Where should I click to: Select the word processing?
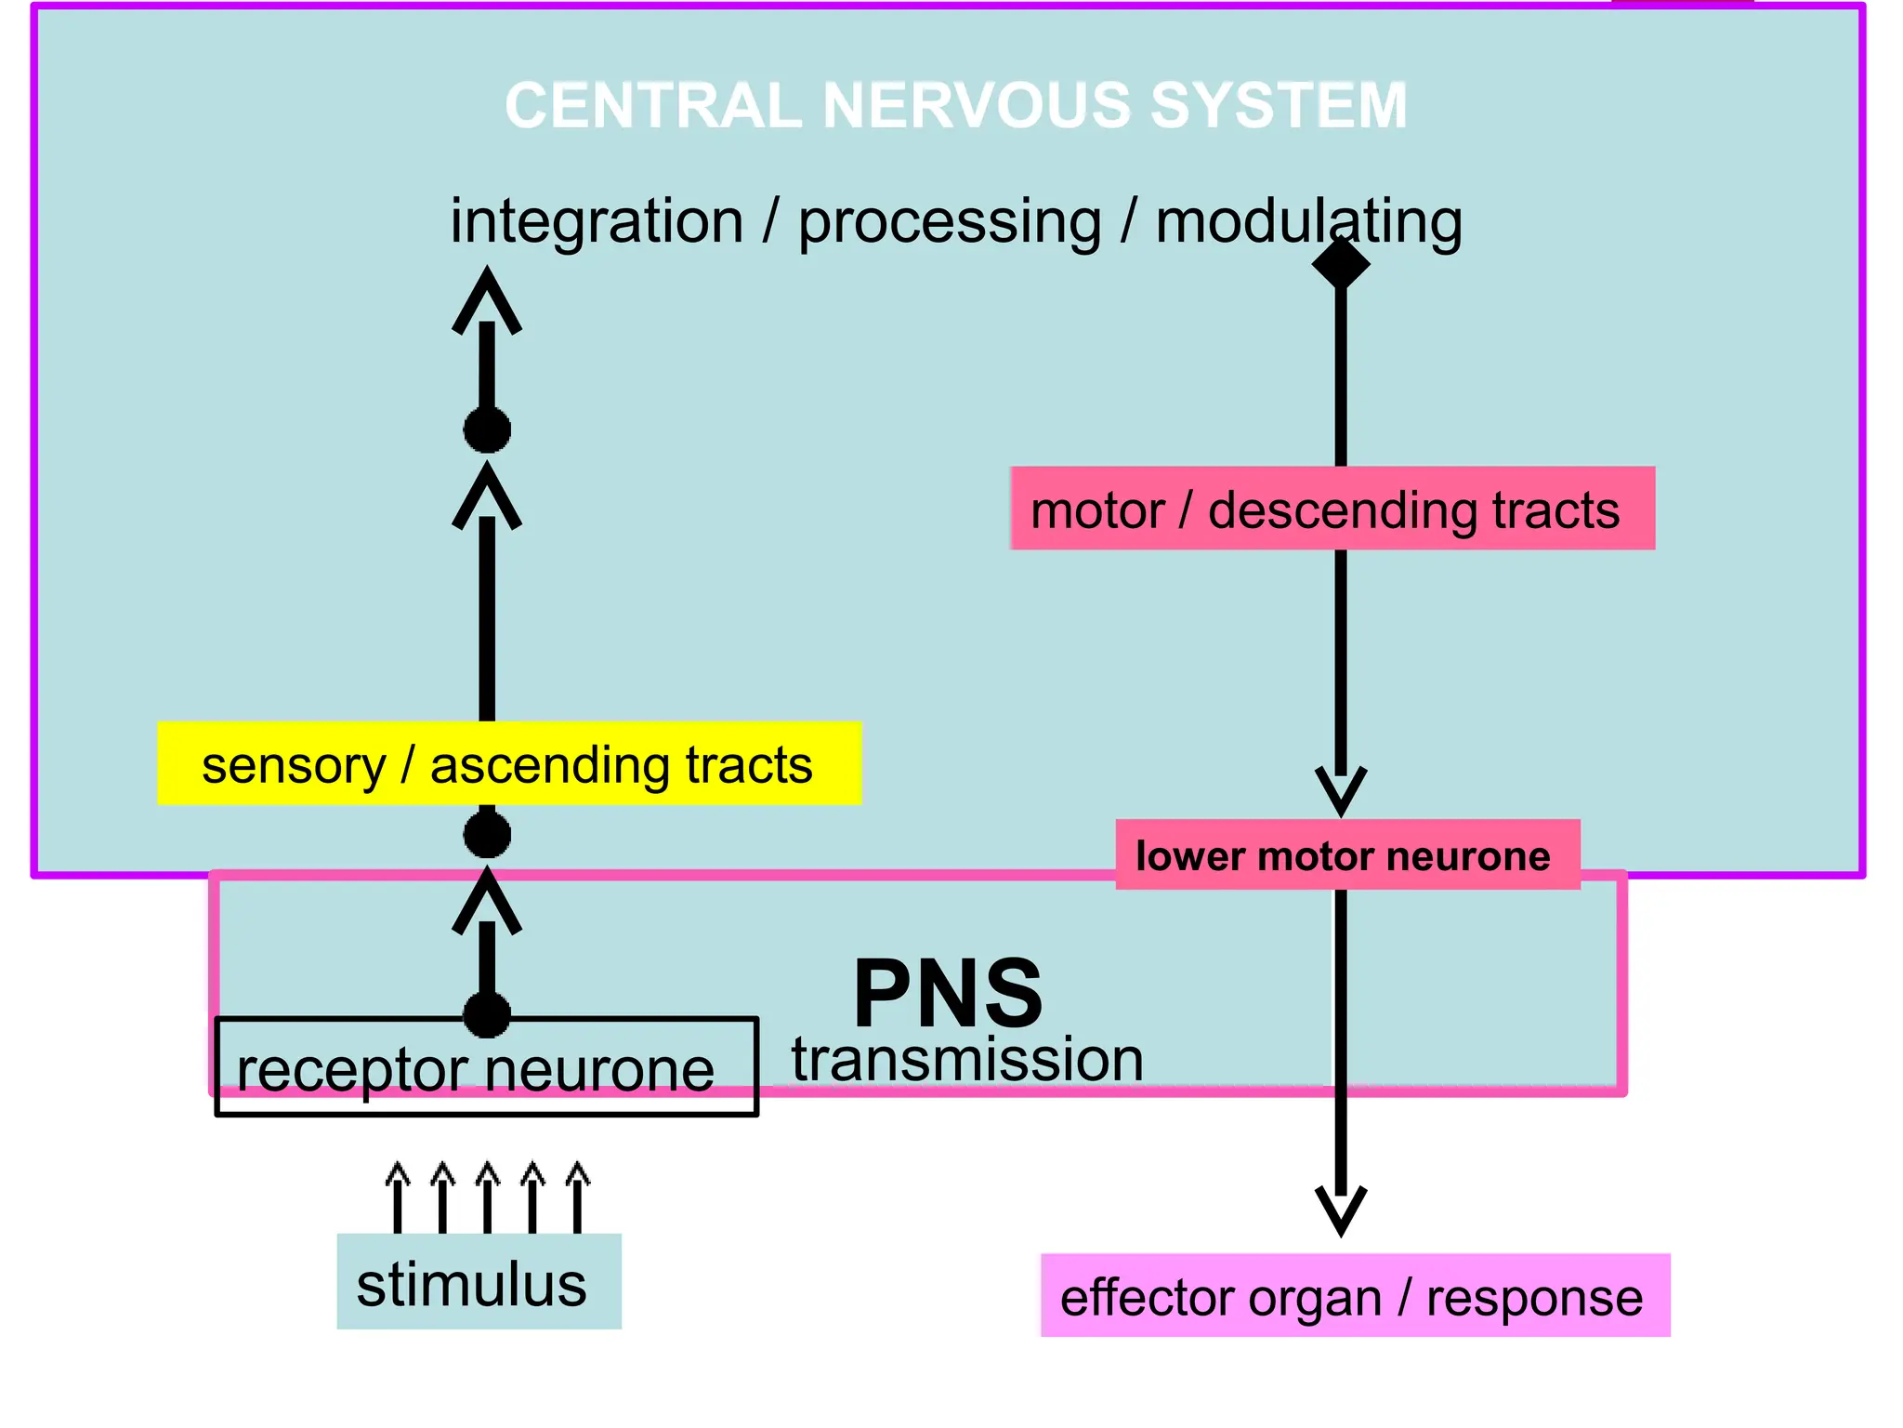[x=950, y=223]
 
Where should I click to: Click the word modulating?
[x=1308, y=223]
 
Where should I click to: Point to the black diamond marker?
[x=1341, y=263]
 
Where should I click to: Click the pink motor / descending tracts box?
[x=1332, y=509]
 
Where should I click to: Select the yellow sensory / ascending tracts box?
[x=509, y=763]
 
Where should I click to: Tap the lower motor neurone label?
[x=1346, y=854]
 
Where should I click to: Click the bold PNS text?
[x=948, y=993]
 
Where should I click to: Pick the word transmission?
[x=966, y=1060]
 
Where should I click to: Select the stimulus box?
[x=478, y=1282]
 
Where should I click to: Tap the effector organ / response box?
[x=1354, y=1296]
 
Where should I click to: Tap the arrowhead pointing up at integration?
[x=487, y=297]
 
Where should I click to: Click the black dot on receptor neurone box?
[x=487, y=1013]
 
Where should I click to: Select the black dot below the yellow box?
[x=487, y=834]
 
